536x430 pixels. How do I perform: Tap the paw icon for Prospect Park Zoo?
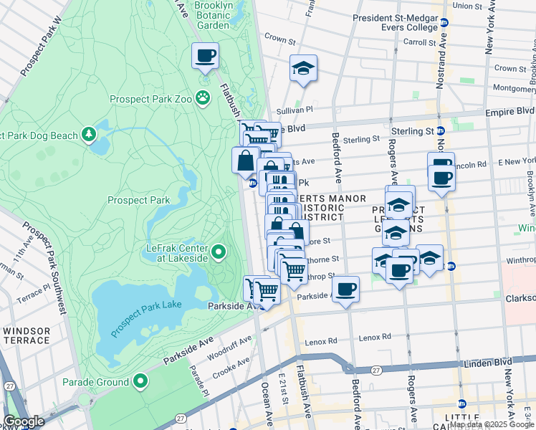click(204, 97)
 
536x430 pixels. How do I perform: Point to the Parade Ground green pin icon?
click(141, 382)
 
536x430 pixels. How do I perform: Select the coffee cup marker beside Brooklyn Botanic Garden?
click(205, 55)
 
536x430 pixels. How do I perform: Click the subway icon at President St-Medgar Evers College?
click(444, 23)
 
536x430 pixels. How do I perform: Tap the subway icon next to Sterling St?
click(441, 131)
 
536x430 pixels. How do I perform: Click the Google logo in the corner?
click(24, 421)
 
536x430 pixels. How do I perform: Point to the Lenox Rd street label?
click(375, 336)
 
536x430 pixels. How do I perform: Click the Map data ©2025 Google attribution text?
click(492, 424)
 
